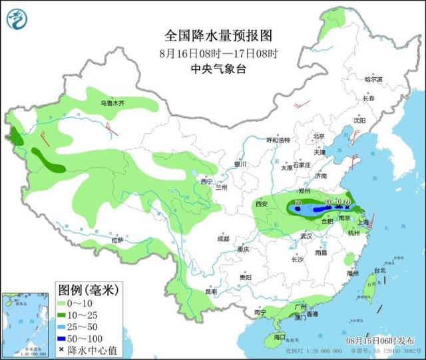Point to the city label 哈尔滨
pyautogui.click(x=373, y=79)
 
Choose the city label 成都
pyautogui.click(x=222, y=239)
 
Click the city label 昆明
pyautogui.click(x=211, y=291)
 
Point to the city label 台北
pyautogui.click(x=379, y=271)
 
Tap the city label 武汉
pyautogui.click(x=306, y=236)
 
